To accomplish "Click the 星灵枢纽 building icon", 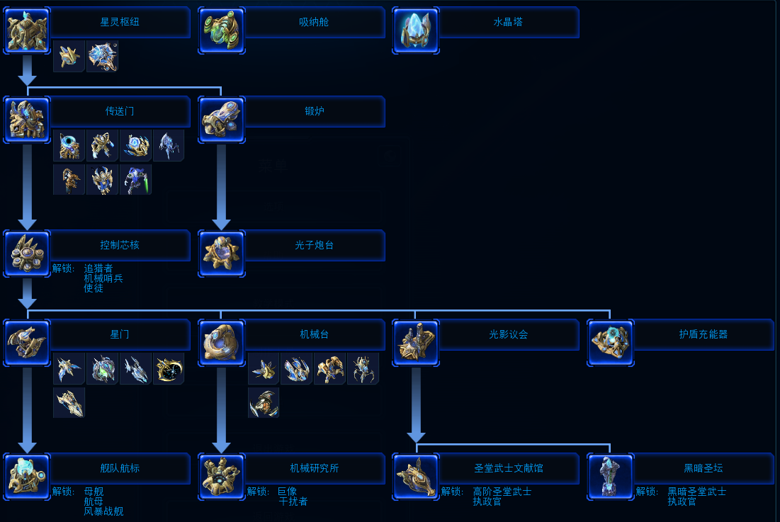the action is coord(28,30).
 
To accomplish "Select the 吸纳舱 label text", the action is coord(314,22).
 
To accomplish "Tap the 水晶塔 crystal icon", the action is coord(416,30).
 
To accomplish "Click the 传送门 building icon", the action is coord(28,120).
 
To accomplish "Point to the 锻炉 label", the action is coord(315,111).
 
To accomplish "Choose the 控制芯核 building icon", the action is coord(28,254).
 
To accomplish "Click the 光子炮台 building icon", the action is coord(222,254).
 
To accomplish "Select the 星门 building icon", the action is coord(28,343).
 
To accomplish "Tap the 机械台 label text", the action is coord(315,334).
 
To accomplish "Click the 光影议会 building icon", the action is coord(416,343).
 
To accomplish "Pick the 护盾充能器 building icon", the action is coord(611,343).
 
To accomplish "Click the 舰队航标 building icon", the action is coord(28,477).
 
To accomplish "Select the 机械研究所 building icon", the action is coord(222,477).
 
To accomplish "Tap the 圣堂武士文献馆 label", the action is coord(509,467).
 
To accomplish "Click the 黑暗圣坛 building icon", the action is coord(611,477).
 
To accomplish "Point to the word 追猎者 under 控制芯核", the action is coord(98,268).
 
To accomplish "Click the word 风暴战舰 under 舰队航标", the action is coord(103,511).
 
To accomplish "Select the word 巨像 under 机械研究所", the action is coord(288,491).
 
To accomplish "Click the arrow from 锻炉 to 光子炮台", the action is coord(221,187).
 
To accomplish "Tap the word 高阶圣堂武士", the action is coord(502,491).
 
